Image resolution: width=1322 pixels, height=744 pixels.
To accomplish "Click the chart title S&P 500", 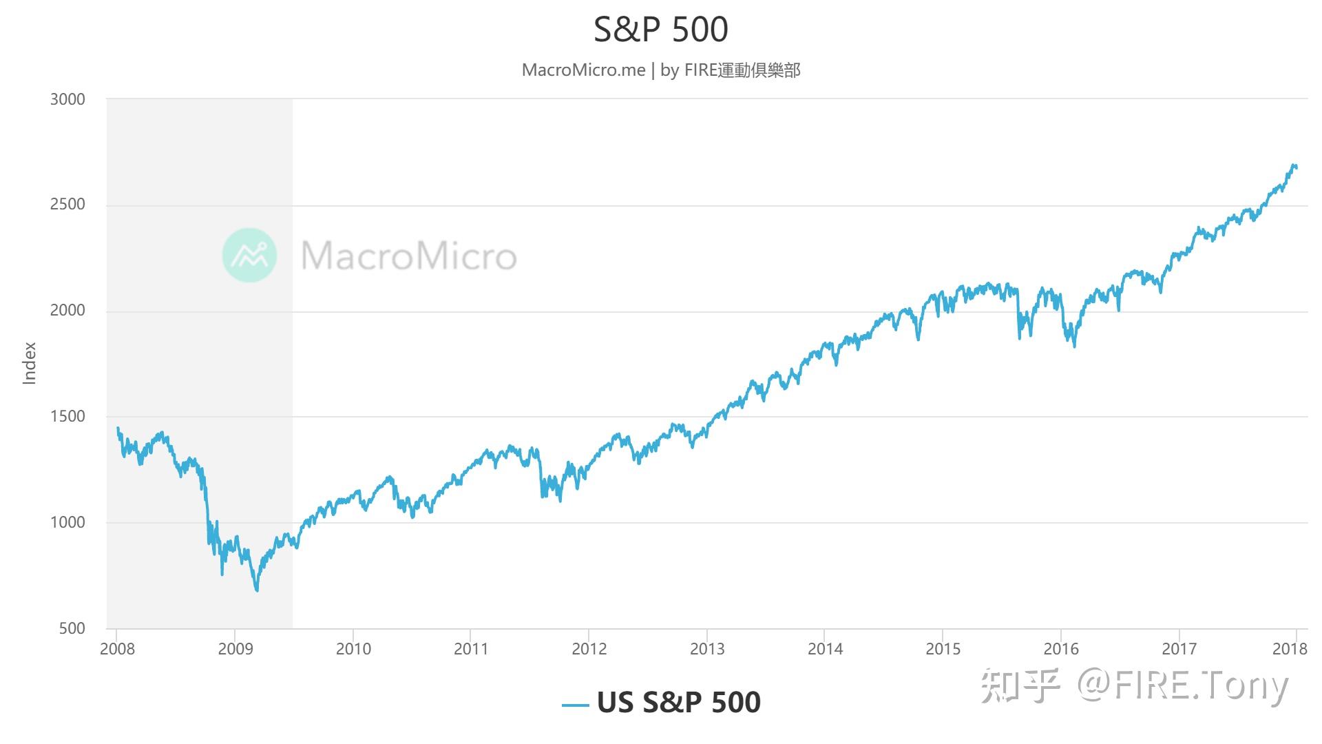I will [660, 29].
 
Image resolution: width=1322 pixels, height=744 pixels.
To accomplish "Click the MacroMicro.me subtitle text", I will [583, 70].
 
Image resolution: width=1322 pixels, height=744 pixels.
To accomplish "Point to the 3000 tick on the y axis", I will [67, 99].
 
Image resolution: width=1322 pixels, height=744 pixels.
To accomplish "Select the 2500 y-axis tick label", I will [67, 205].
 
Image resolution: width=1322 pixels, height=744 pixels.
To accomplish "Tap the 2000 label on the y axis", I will [67, 311].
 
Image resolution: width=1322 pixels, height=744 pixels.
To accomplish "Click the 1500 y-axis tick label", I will [67, 417].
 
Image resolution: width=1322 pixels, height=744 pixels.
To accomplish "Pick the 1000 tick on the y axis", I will [67, 522].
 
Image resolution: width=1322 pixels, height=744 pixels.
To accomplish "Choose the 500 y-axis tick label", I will [72, 628].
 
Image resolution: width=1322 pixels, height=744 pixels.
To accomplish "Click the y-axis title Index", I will [29, 363].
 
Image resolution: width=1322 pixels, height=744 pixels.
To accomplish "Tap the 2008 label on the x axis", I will [118, 649].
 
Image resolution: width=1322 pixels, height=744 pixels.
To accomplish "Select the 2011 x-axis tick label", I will [471, 649].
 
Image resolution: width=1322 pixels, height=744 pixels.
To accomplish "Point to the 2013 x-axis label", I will [707, 649].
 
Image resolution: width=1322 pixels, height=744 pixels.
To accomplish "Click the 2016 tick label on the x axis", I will [1061, 649].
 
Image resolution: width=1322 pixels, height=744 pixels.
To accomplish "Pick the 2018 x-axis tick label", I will [1290, 649].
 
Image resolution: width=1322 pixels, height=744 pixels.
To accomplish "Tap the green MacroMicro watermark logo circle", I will [249, 256].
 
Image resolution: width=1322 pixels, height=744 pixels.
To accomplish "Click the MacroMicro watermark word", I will [409, 256].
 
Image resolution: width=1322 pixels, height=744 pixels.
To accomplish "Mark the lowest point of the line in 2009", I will [258, 590].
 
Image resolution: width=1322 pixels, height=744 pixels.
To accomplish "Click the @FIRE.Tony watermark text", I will [1182, 685].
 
